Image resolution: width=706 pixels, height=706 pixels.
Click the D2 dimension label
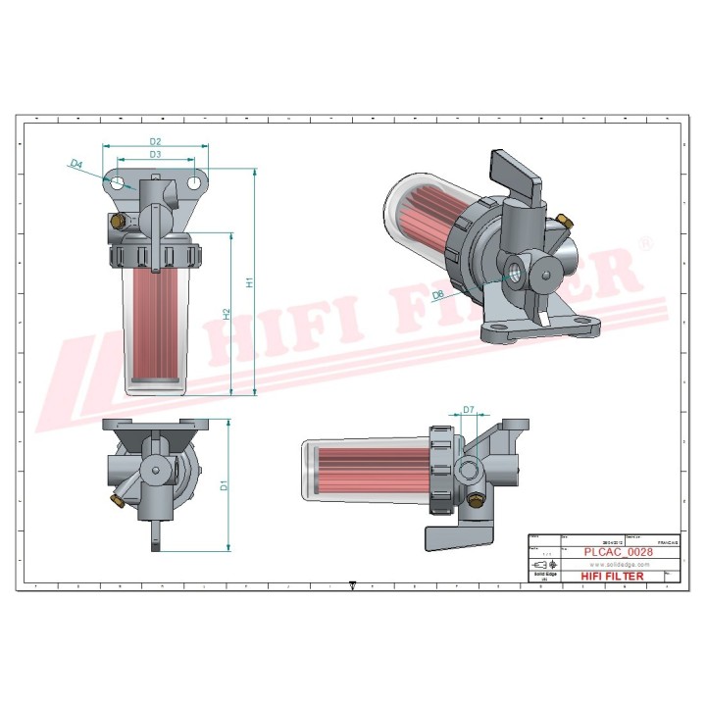(155, 141)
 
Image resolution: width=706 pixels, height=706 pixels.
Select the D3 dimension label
(155, 155)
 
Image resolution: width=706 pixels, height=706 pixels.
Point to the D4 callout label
(76, 166)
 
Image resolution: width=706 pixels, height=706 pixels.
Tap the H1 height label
(250, 282)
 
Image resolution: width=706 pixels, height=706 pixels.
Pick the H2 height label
(226, 314)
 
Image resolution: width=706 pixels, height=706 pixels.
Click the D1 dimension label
(224, 483)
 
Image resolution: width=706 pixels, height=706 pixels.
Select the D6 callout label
(439, 293)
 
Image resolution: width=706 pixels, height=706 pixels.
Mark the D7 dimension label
(469, 409)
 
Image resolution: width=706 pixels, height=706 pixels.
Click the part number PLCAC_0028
(612, 552)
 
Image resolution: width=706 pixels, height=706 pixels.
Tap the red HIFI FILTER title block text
(612, 577)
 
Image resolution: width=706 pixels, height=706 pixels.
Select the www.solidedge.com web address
(612, 565)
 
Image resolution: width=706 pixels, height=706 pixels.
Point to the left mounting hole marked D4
(118, 182)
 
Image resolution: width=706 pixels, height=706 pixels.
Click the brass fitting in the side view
(477, 502)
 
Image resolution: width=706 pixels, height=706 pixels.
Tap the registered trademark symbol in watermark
(643, 242)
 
